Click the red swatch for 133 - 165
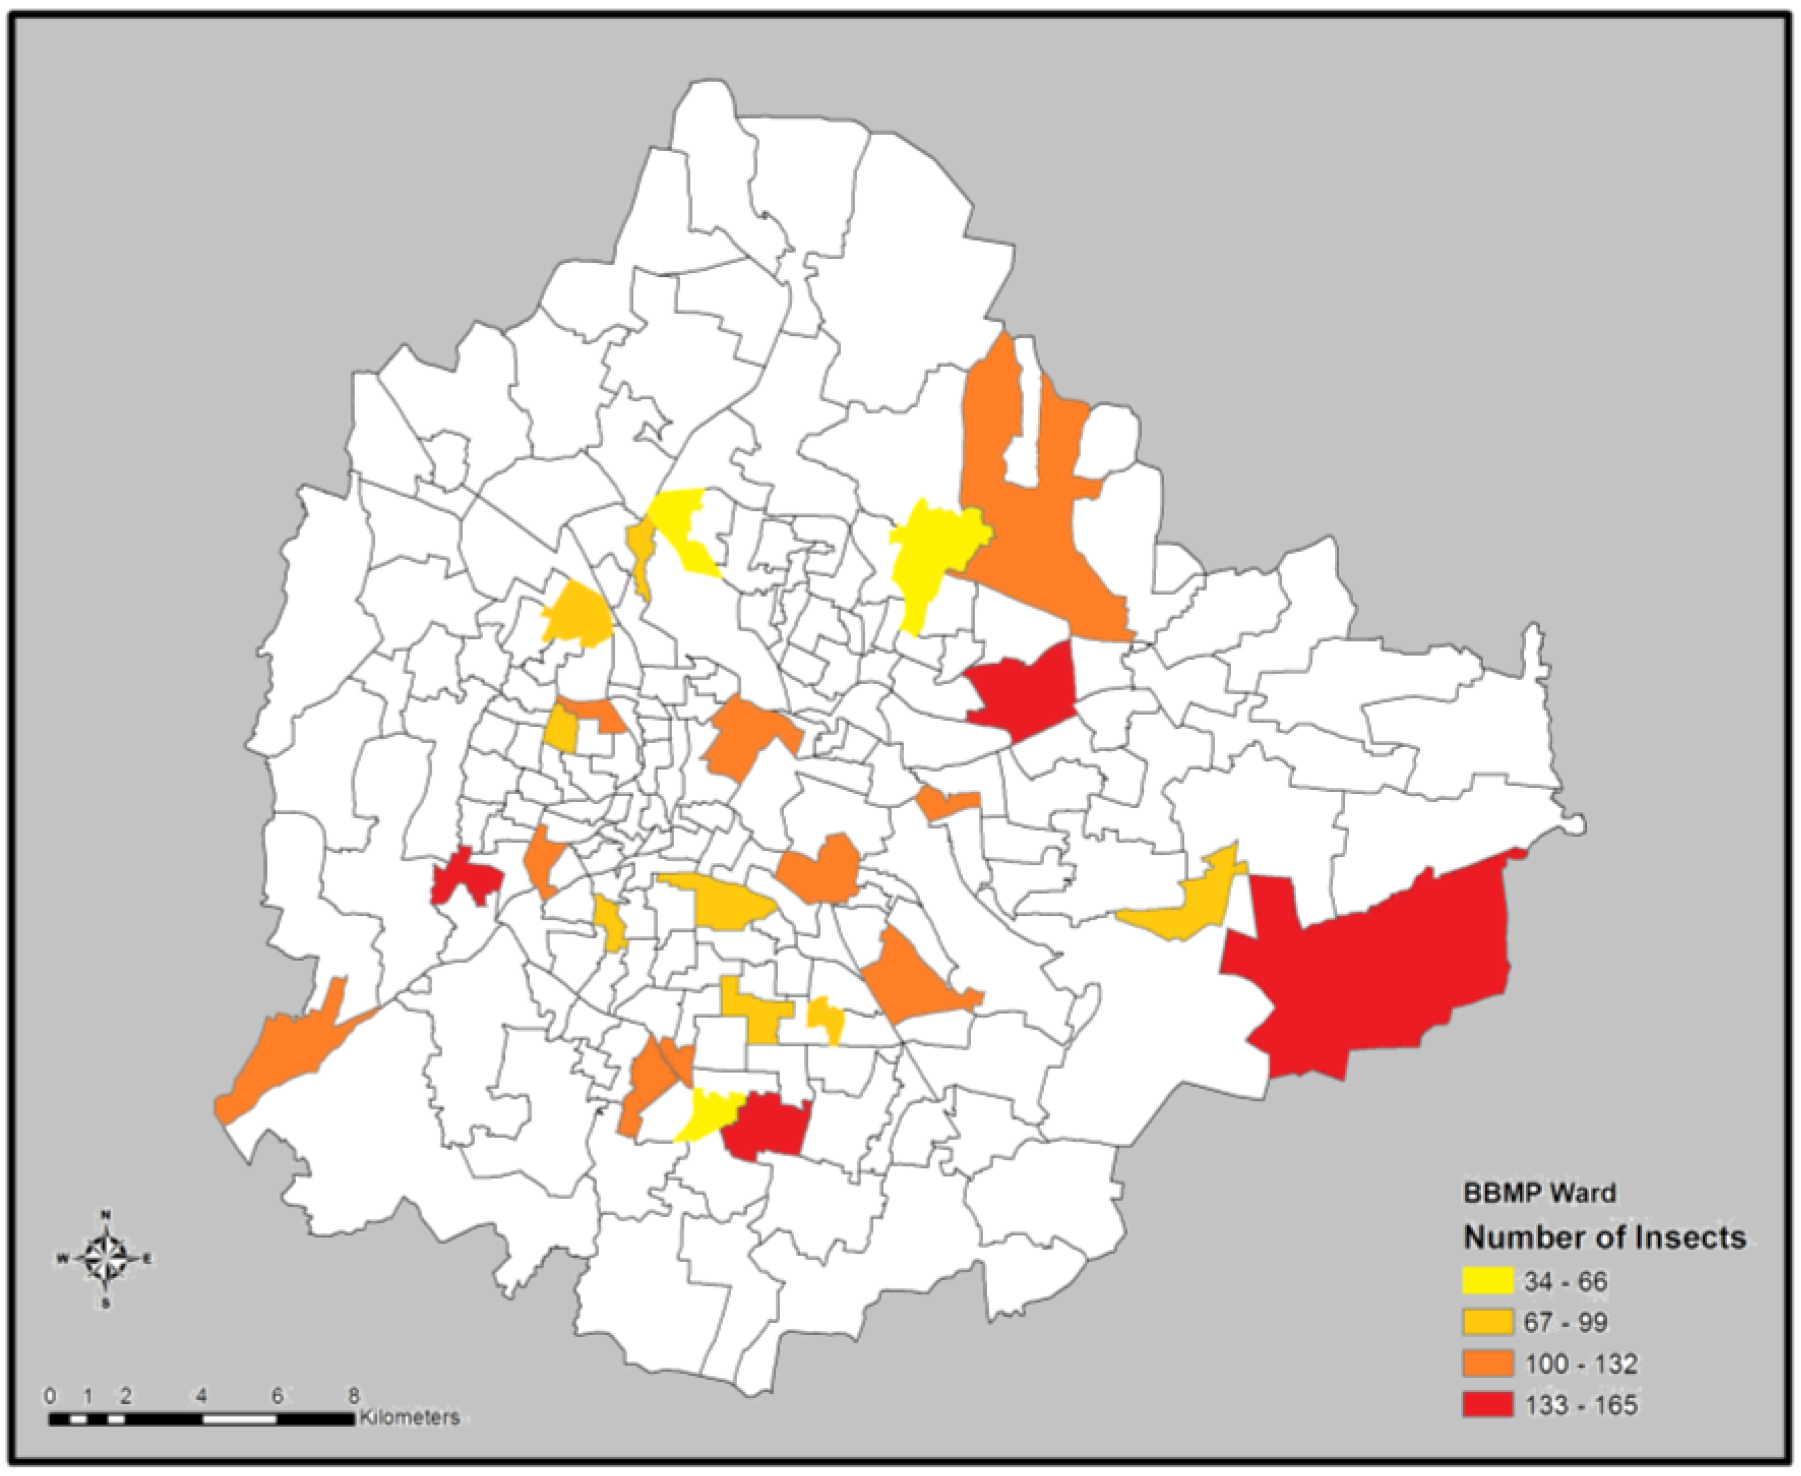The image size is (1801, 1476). pos(1488,1406)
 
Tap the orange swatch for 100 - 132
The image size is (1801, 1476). pos(1488,1365)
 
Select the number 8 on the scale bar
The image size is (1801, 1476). pos(354,1395)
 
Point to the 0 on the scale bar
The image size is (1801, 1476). pos(50,1395)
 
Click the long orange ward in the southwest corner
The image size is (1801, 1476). pos(289,1054)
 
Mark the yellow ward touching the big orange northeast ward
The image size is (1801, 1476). pos(931,553)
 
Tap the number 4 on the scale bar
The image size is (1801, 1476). pos(201,1395)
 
